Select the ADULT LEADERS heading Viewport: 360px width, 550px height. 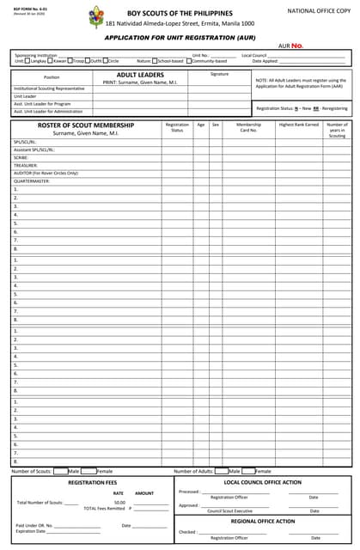pos(139,75)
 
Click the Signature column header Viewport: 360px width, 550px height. pos(219,75)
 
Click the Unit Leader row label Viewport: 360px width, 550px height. pos(25,96)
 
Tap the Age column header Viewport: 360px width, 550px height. pos(200,125)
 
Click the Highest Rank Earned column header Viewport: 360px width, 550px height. pos(298,125)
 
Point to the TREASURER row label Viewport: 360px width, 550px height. pos(27,165)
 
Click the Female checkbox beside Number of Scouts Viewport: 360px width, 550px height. pos(90,471)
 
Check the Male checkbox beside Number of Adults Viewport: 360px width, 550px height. pos(222,471)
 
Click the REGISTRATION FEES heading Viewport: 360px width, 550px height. pos(92,483)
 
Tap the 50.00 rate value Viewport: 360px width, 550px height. pos(119,502)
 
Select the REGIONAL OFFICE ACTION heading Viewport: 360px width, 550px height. pos(263,521)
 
